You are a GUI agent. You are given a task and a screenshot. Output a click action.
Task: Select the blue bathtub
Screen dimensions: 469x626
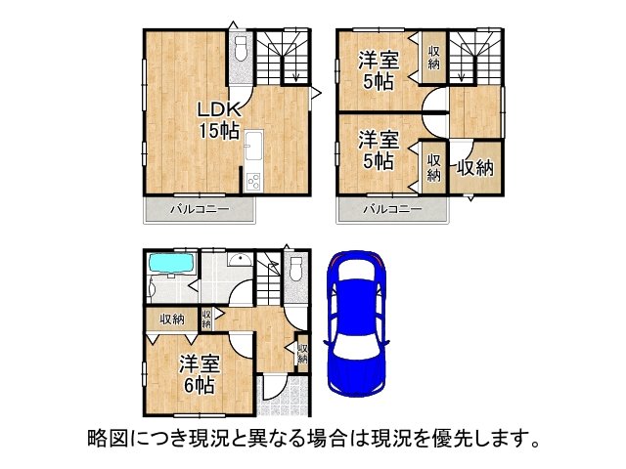[170, 266]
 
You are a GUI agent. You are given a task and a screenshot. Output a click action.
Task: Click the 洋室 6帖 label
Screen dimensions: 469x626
[198, 374]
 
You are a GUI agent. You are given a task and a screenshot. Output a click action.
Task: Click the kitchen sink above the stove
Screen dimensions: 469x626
[253, 146]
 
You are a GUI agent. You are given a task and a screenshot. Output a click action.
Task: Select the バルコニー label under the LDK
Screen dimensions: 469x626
[200, 210]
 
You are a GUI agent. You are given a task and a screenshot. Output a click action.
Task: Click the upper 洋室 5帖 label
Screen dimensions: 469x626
[376, 70]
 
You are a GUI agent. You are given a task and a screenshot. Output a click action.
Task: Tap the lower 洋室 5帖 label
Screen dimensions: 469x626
[376, 149]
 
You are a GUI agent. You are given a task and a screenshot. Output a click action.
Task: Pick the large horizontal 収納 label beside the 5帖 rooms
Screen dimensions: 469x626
[474, 167]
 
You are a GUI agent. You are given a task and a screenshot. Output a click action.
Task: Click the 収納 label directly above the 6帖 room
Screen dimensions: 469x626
[172, 320]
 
